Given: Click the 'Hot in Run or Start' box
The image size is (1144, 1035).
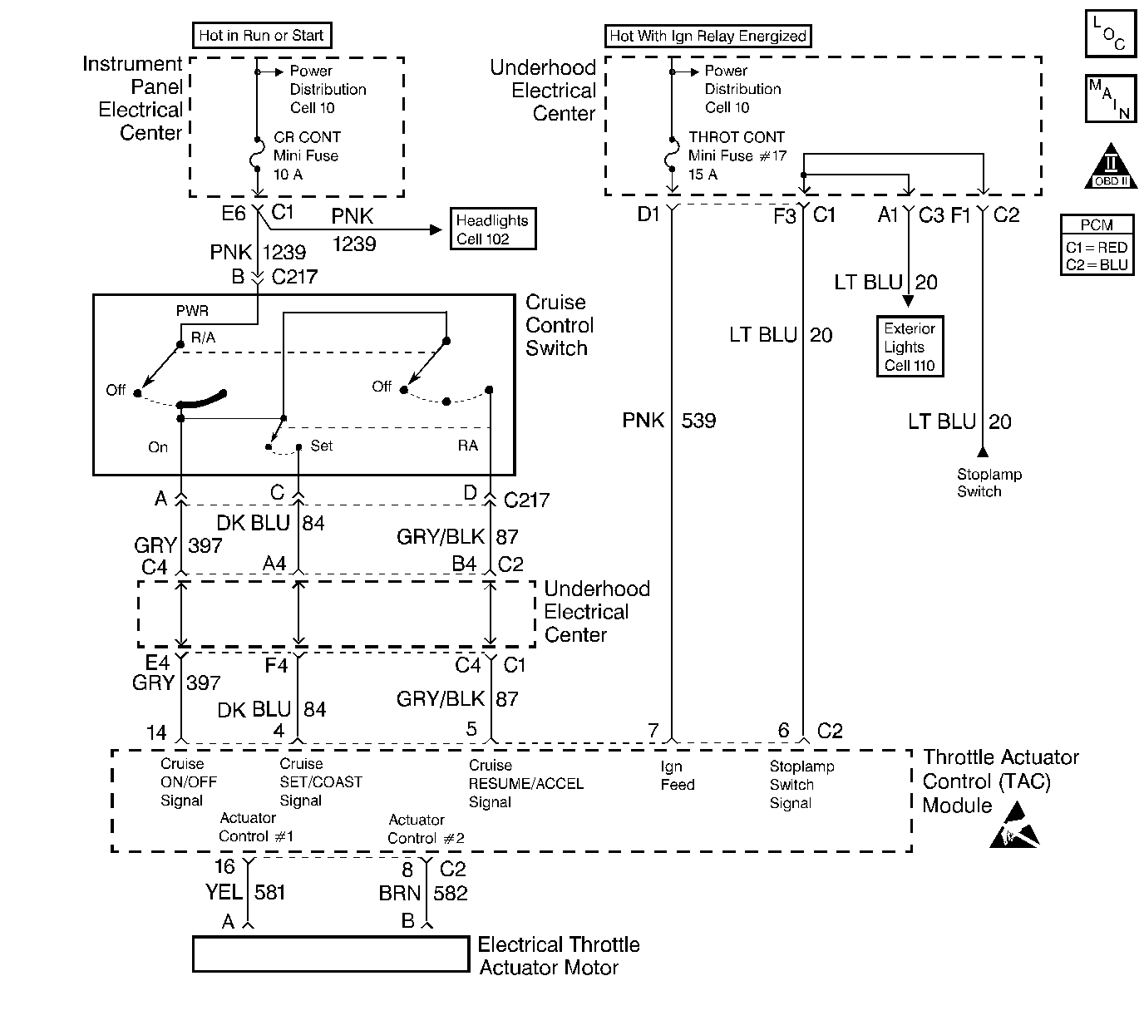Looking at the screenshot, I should tap(262, 36).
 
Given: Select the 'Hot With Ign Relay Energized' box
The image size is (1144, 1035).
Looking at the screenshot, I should tap(708, 36).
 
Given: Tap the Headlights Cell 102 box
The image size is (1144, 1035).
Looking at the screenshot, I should tap(492, 229).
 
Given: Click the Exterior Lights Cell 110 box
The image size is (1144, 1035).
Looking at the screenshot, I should tap(910, 347).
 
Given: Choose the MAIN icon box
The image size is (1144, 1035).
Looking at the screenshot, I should tap(1110, 99).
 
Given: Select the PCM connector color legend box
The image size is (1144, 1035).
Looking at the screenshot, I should tap(1097, 244).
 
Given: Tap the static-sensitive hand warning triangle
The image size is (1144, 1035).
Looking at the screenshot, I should tap(1013, 826).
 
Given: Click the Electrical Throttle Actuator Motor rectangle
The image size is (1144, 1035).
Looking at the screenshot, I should tap(330, 954).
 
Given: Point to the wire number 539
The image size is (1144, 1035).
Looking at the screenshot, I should tap(698, 421).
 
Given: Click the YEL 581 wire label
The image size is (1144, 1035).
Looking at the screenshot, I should tap(245, 892).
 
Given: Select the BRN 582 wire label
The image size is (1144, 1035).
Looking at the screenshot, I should tap(423, 893).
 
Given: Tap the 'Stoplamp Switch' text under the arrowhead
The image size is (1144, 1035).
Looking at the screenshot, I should tap(989, 483).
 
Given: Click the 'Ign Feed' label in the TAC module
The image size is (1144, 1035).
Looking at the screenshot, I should tap(677, 776).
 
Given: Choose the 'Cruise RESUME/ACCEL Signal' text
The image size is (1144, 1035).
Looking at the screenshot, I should tap(525, 784).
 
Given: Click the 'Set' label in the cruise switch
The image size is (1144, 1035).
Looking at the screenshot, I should tap(321, 446).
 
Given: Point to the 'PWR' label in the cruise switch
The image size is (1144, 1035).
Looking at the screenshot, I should tap(192, 311).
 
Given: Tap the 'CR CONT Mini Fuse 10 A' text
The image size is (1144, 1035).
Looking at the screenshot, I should tap(307, 155).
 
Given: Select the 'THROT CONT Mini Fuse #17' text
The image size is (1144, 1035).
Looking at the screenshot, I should tap(737, 146).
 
